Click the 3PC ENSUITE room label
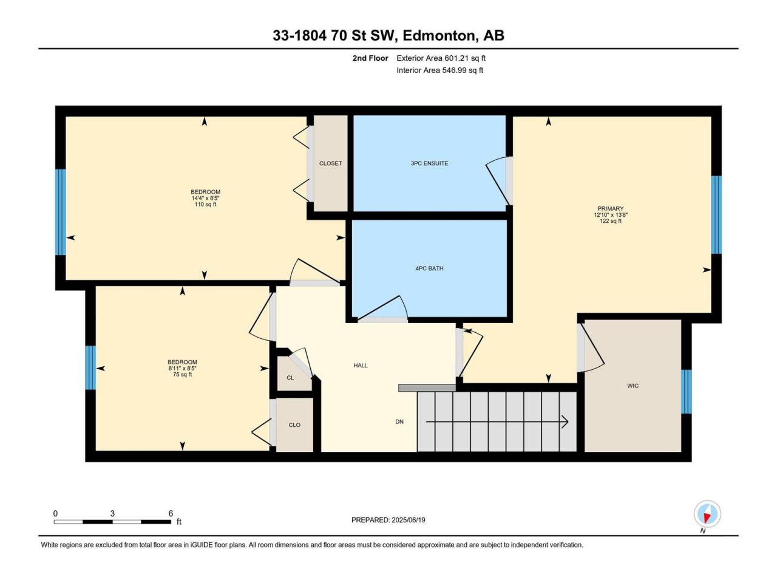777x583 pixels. tap(429, 163)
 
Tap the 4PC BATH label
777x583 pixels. tap(429, 268)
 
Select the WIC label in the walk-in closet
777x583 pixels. tap(633, 386)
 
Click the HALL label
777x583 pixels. tap(361, 366)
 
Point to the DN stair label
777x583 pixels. tap(399, 421)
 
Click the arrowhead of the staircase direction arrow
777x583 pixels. tap(565, 421)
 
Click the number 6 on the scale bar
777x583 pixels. tap(171, 513)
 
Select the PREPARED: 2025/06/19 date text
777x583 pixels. tap(388, 520)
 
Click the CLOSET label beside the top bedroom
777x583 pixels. tap(330, 163)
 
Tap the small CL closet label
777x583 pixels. tap(290, 378)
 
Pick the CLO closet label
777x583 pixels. tap(294, 424)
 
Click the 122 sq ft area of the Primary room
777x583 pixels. tap(611, 221)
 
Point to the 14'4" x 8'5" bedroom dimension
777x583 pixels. tap(205, 198)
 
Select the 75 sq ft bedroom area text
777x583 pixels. tap(182, 374)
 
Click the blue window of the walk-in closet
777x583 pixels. tap(686, 392)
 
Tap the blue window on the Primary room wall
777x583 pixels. tap(716, 215)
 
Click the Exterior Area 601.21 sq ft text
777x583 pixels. tap(441, 58)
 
